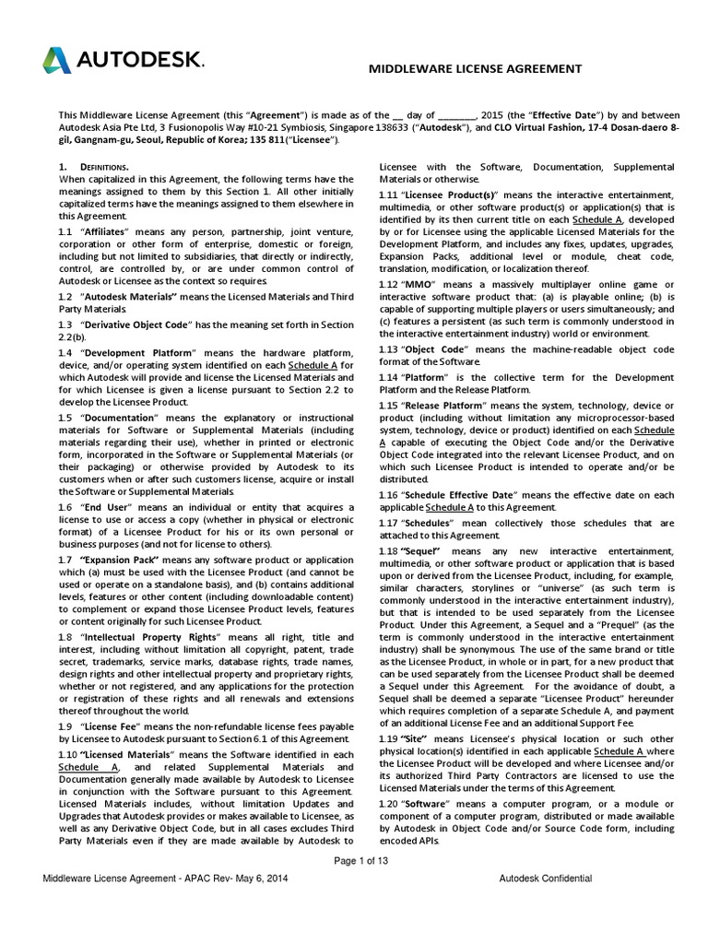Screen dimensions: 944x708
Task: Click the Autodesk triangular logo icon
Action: click(57, 61)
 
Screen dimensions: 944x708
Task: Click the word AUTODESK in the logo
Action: click(138, 62)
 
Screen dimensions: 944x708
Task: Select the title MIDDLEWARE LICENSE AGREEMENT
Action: click(475, 68)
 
